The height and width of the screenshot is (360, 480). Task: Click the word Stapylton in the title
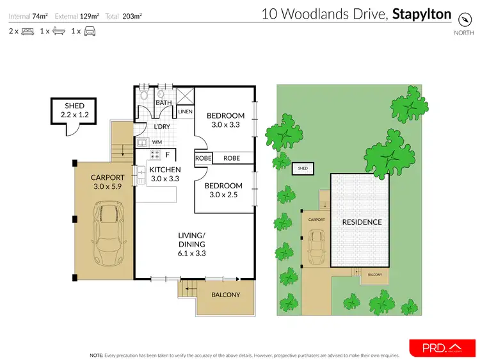pos(421,13)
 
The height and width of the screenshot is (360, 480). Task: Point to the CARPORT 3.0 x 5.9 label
pos(106,183)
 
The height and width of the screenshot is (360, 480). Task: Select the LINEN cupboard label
pos(185,111)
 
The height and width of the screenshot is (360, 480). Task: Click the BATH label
pos(164,102)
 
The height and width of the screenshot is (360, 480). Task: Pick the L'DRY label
pos(161,127)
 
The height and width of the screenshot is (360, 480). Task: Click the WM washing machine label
pos(156,142)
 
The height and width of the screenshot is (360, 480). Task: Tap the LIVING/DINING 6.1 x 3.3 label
pos(191,244)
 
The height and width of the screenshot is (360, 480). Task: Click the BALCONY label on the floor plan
pos(225,295)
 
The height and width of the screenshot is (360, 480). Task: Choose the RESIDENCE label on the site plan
pos(362,222)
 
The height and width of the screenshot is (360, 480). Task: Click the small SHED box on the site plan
pos(303,169)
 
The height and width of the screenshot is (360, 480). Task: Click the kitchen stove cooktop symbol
pos(154,154)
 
